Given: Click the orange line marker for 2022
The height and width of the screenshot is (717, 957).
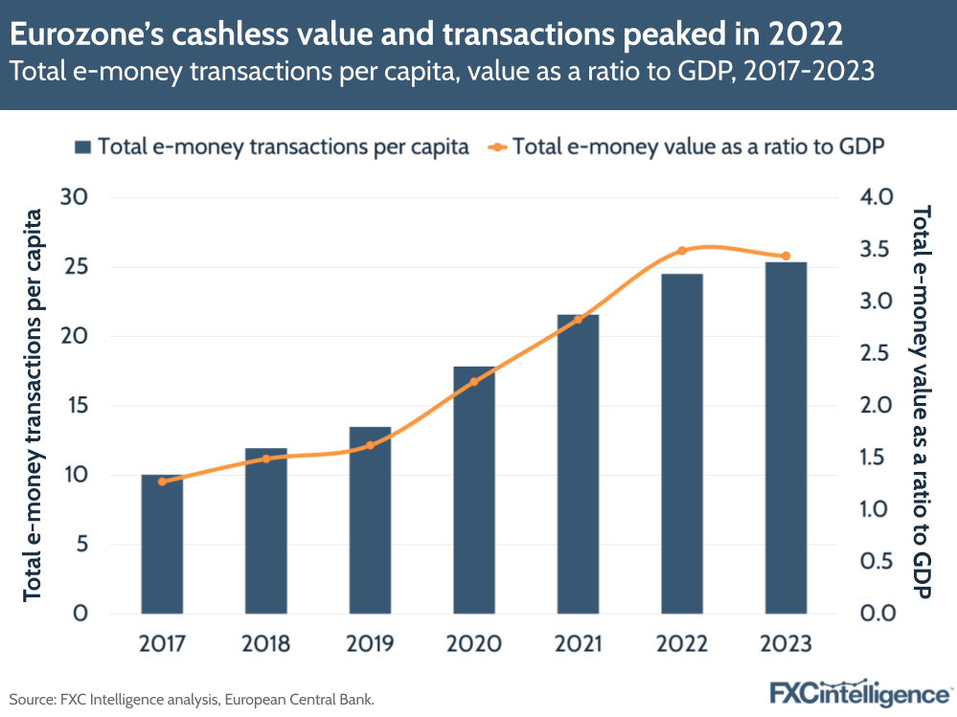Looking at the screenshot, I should pyautogui.click(x=682, y=251).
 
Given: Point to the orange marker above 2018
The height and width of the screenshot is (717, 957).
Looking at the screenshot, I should pyautogui.click(x=266, y=459).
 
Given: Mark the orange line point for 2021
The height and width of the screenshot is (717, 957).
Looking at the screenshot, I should pyautogui.click(x=578, y=320).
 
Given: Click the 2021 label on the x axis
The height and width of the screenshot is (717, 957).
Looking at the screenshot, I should pyautogui.click(x=578, y=643).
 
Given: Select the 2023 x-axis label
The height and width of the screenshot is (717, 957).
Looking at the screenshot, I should pyautogui.click(x=786, y=643).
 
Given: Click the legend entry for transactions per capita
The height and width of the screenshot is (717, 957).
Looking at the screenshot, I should pyautogui.click(x=273, y=147).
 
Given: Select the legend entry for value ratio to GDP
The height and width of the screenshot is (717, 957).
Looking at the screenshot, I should pyautogui.click(x=685, y=147).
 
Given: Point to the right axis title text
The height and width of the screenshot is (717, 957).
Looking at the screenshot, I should pyautogui.click(x=923, y=402).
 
